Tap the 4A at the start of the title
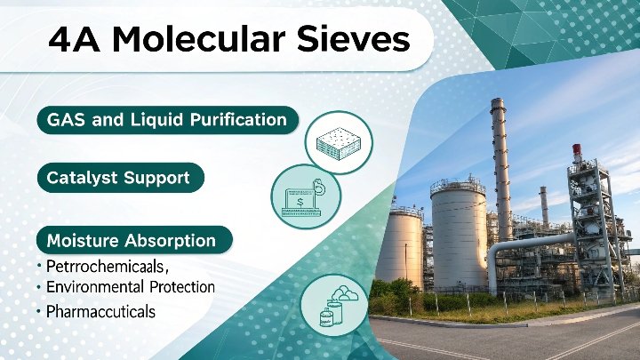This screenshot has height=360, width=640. pos(74,40)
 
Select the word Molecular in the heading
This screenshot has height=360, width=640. pos(198,40)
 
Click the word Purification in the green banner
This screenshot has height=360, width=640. pos(238,120)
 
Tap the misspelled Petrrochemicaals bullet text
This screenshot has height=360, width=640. pos(107,267)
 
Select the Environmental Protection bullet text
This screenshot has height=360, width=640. pos(131,287)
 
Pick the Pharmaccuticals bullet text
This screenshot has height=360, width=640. pos(100,312)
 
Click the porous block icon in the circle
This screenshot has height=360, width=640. pos(339,143)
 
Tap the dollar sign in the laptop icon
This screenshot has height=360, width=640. pos(300,202)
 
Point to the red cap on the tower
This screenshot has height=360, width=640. pos(577,148)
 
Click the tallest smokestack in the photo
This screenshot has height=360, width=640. pos(501,167)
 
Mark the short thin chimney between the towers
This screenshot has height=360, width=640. pos(544,206)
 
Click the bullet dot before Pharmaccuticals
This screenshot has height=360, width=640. pos(39,312)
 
